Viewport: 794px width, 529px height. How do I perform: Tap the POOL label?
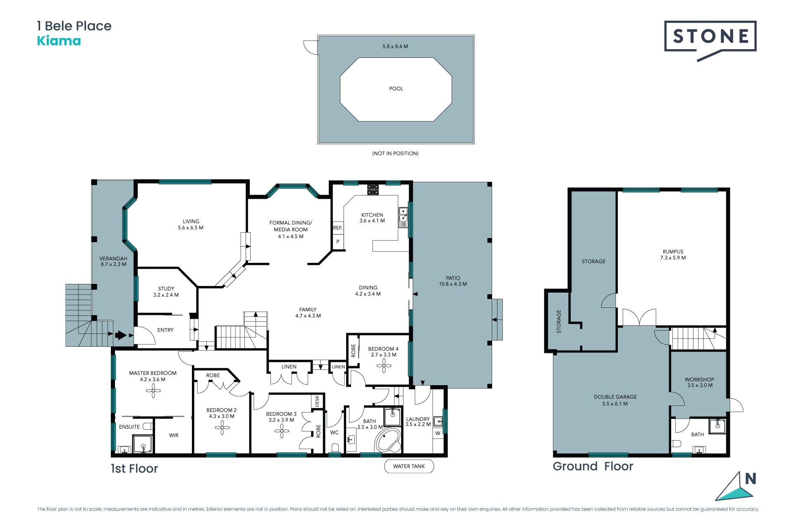coord(396,89)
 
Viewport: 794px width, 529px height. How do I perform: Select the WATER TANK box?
coord(409,466)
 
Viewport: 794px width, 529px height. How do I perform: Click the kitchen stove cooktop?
coord(373,189)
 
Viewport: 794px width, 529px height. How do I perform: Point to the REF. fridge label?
coord(338,228)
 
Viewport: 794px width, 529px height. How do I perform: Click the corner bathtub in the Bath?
coord(388,441)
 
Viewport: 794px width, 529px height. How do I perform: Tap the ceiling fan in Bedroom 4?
coord(384,366)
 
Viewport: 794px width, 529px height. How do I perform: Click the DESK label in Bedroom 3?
coord(317,401)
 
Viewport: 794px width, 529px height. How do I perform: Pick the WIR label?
coord(174,435)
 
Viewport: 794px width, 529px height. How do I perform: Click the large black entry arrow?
coord(121,335)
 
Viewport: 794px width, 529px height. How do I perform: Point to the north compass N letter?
coord(751,479)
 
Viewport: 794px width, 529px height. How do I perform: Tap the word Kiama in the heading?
coord(59,41)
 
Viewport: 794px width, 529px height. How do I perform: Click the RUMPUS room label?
coord(673,252)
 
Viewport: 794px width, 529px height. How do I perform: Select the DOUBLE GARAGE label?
coord(615,397)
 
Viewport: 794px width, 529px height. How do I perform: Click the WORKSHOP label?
coord(699,379)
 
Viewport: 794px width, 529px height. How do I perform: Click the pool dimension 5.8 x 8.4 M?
coord(395,47)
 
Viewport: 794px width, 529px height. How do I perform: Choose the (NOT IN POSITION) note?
coord(395,153)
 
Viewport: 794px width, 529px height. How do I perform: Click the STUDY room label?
coord(166,289)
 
